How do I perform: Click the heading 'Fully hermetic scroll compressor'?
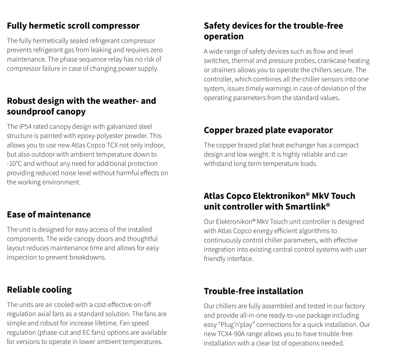point(73,25)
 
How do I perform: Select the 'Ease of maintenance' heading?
point(49,214)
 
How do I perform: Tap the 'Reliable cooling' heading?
point(39,289)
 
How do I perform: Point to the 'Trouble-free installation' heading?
point(253,291)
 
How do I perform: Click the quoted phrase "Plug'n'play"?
point(242,325)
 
